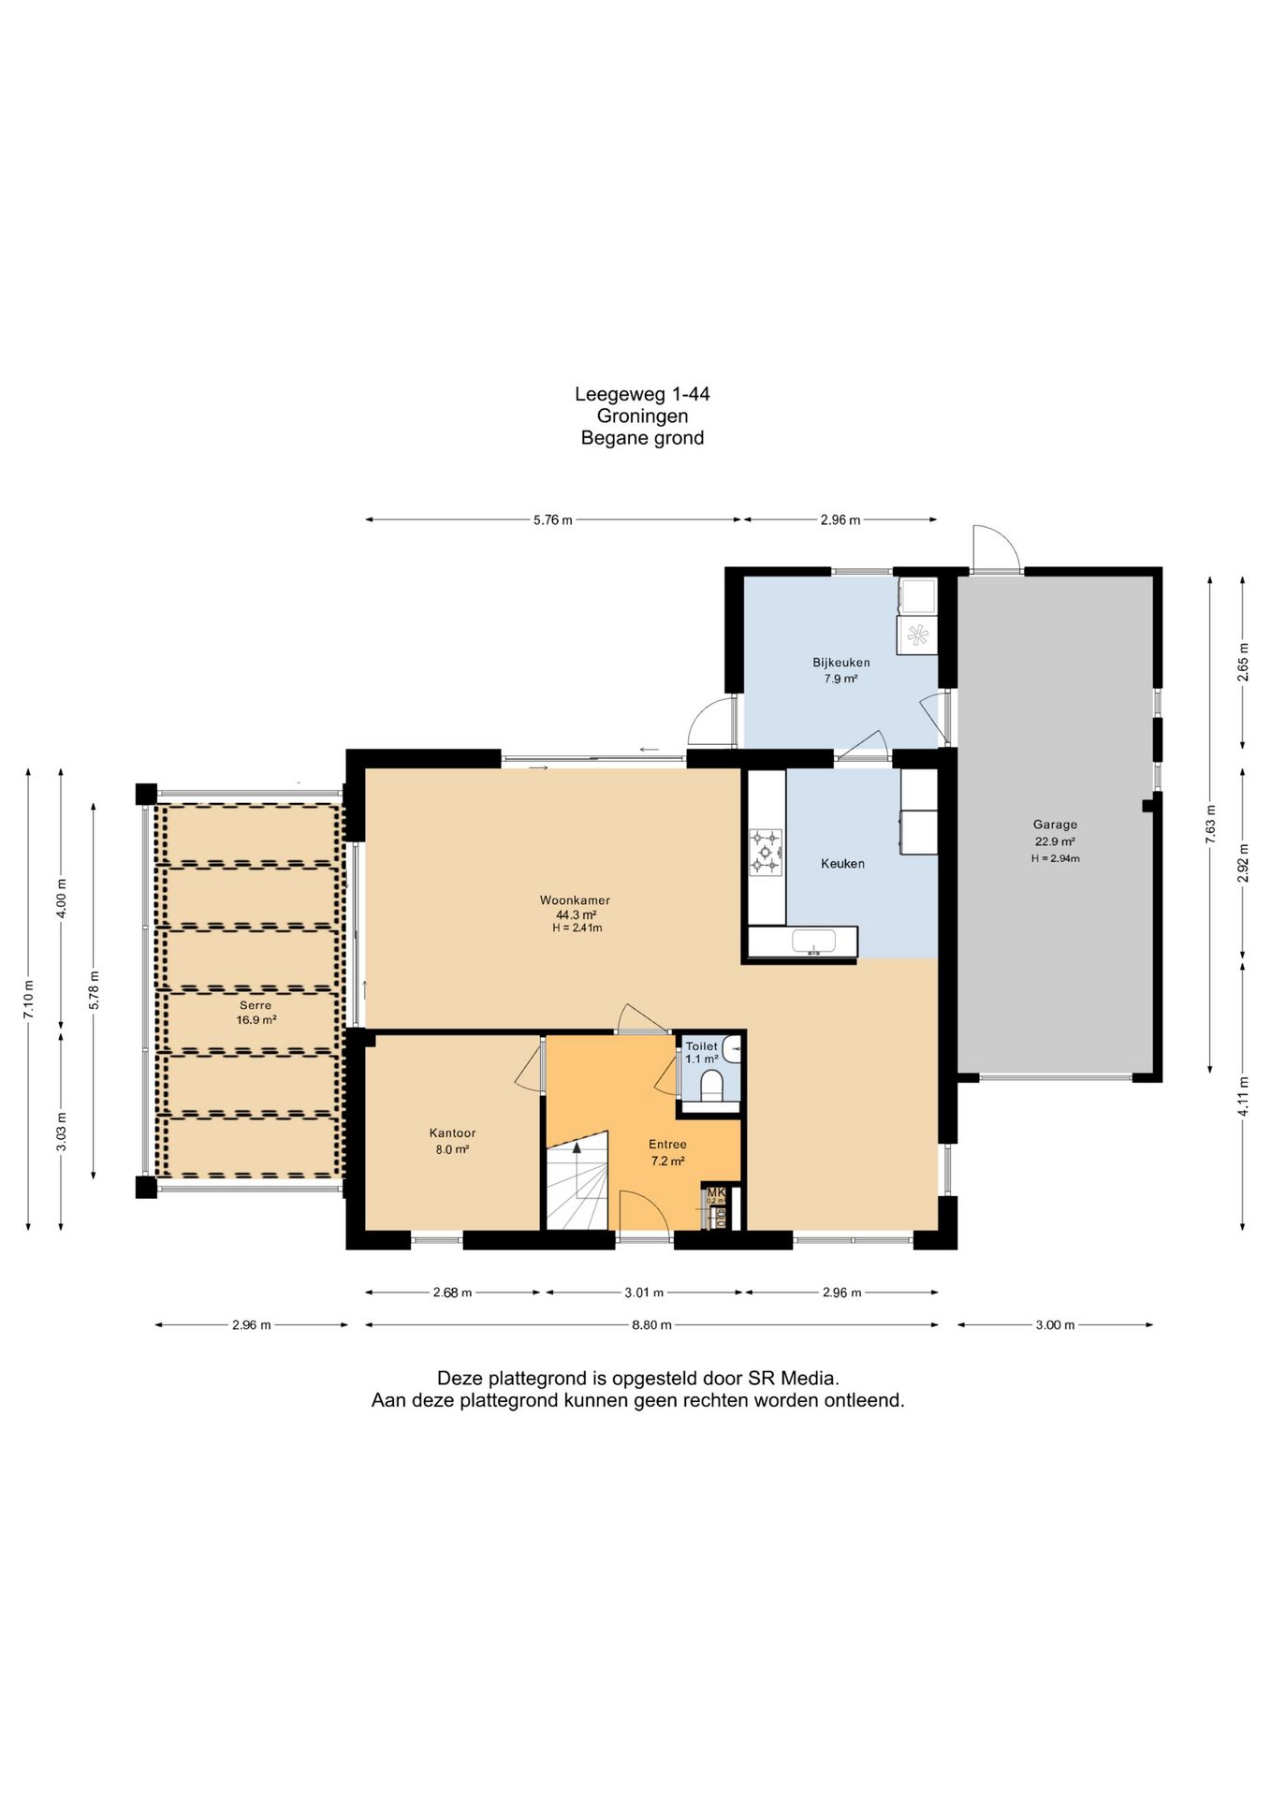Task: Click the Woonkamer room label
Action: point(575,900)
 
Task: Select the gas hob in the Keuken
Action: point(766,852)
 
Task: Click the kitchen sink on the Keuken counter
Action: point(812,942)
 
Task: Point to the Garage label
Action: point(1055,825)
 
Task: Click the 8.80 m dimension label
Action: point(651,1324)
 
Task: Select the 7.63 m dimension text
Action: point(1210,824)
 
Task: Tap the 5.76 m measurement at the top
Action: point(552,519)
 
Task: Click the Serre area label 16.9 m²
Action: point(256,1020)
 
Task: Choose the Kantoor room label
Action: point(452,1132)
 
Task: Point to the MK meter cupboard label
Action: point(716,1192)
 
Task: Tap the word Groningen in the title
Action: point(642,416)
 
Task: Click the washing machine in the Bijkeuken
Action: point(917,635)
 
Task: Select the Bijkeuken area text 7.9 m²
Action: point(840,679)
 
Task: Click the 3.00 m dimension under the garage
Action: point(1055,1324)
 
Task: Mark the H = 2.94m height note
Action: point(1055,858)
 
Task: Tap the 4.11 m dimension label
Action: point(1243,1095)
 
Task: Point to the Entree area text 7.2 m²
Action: point(667,1161)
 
